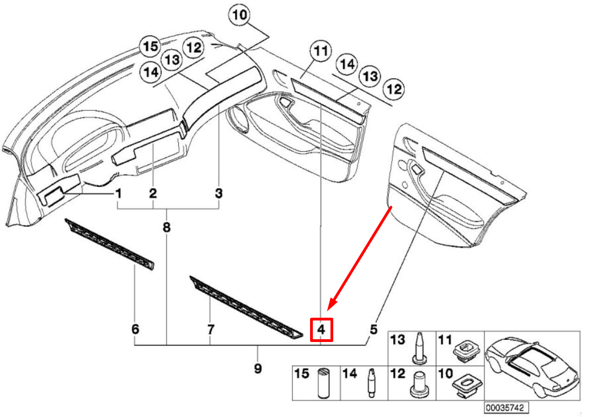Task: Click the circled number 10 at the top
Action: point(240,15)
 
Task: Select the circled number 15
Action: point(151,47)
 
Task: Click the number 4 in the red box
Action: point(322,330)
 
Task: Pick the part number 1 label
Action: point(118,194)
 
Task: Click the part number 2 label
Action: point(153,194)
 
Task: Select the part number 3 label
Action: point(219,194)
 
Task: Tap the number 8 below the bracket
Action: point(167,227)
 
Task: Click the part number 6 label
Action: point(135,330)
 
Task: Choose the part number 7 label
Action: point(210,330)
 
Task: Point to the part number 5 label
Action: point(373,330)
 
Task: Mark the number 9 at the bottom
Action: point(258,368)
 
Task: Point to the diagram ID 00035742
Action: point(503,408)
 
